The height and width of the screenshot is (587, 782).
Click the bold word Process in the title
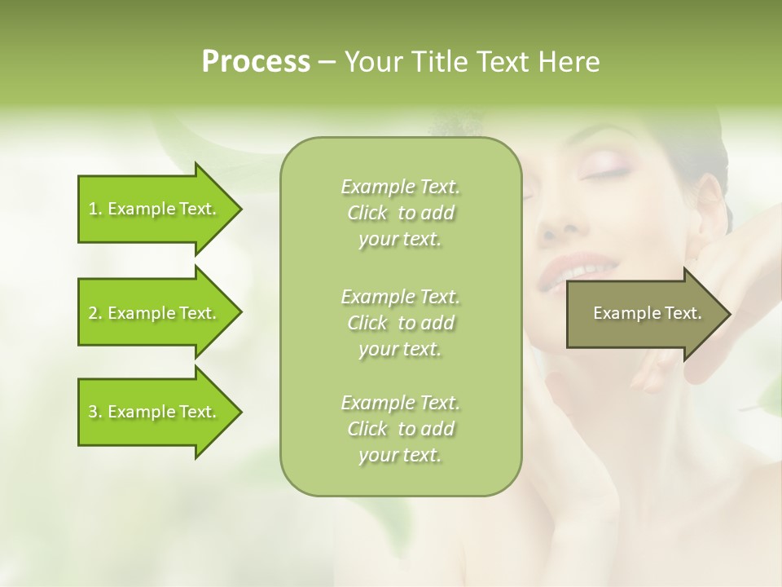point(256,62)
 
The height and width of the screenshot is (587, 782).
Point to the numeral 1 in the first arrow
point(92,210)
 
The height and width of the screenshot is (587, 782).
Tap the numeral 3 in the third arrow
point(92,413)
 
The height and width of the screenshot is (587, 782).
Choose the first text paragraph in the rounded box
point(401,213)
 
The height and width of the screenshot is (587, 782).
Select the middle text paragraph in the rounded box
point(401,322)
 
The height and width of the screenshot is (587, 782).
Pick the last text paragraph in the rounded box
point(401,429)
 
